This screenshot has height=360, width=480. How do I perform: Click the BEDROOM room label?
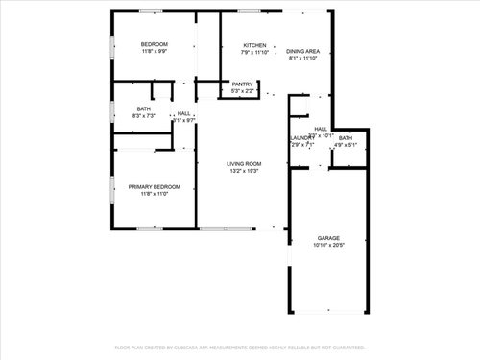tap(155, 45)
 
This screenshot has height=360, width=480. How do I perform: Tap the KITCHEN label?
tap(254, 45)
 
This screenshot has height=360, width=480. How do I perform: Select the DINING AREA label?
tap(303, 51)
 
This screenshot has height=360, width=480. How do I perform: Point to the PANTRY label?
tap(243, 84)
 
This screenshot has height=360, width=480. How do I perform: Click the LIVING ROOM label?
tap(244, 164)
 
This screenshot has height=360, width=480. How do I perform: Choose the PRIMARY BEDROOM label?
tap(155, 187)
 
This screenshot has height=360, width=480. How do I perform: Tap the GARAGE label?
tap(329, 238)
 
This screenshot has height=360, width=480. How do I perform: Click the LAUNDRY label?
tap(302, 138)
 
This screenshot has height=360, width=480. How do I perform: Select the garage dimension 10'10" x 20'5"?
tap(329, 245)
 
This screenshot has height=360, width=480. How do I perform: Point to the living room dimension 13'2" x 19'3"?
tap(244, 171)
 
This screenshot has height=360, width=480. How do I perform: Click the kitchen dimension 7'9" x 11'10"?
tap(254, 52)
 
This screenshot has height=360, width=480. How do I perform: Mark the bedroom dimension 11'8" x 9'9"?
tap(155, 52)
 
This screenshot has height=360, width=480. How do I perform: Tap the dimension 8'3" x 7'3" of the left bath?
tap(144, 116)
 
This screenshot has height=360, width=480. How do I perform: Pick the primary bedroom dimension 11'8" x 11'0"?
tap(155, 194)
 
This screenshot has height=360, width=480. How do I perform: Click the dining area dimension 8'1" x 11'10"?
tap(303, 58)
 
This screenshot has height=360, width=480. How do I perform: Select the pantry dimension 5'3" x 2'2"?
tap(243, 91)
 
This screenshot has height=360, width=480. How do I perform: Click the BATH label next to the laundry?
tap(346, 138)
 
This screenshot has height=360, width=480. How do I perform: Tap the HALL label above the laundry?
tap(321, 129)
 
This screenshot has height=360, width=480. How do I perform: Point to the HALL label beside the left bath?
tap(183, 114)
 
